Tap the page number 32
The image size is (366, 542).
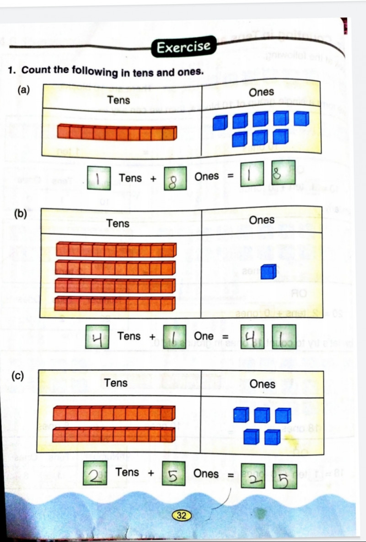pyautogui.click(x=181, y=516)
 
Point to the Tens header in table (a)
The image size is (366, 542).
pyautogui.click(x=118, y=100)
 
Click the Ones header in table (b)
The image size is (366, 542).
pyautogui.click(x=262, y=220)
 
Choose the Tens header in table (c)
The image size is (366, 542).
pyautogui.click(x=116, y=383)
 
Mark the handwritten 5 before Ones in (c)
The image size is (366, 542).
pyautogui.click(x=172, y=475)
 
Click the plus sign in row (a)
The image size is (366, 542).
pyautogui.click(x=153, y=179)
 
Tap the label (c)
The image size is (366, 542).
pyautogui.click(x=18, y=376)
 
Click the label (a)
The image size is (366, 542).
pyautogui.click(x=23, y=90)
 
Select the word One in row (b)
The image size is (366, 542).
pyautogui.click(x=204, y=336)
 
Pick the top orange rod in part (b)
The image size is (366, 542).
pyautogui.click(x=116, y=250)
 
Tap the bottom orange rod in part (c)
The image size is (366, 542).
pyautogui.click(x=114, y=434)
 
